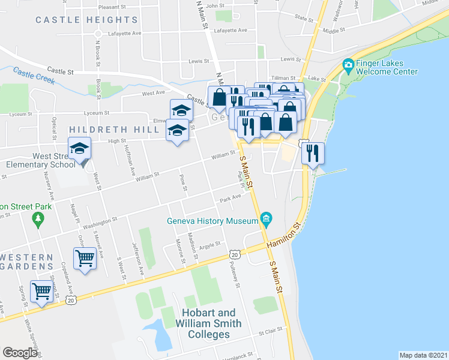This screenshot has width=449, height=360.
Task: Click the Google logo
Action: [x=20, y=353]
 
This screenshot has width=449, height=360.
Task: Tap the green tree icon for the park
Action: [x=38, y=219]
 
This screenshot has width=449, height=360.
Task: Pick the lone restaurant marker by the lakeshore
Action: [x=312, y=154]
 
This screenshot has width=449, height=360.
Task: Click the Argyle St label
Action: [x=210, y=245]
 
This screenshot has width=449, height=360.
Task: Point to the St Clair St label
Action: [x=270, y=332]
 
